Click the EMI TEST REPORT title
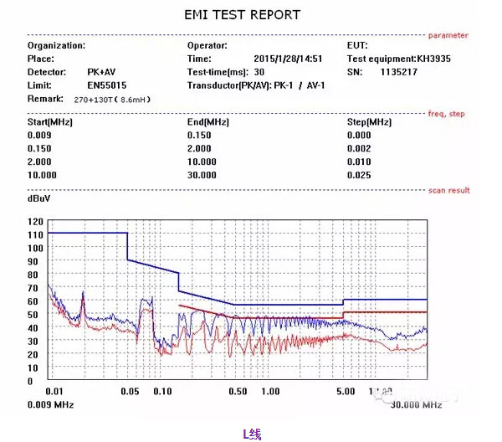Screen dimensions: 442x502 242,15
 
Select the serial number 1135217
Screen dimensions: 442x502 398,72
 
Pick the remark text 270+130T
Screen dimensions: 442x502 96,99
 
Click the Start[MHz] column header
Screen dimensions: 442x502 50,122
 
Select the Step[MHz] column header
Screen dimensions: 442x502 369,122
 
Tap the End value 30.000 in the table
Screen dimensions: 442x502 202,175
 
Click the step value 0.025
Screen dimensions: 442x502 358,175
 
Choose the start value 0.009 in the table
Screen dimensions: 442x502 39,135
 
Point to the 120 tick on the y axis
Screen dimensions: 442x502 34,222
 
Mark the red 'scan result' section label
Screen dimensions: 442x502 449,191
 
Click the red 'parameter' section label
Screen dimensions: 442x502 448,35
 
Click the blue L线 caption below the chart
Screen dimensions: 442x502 252,433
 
